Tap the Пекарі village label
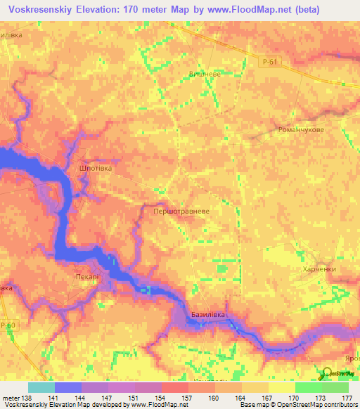tap(88, 277)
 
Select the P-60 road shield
tap(8, 325)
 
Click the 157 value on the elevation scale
tap(187, 398)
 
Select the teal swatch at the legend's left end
tap(41, 387)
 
